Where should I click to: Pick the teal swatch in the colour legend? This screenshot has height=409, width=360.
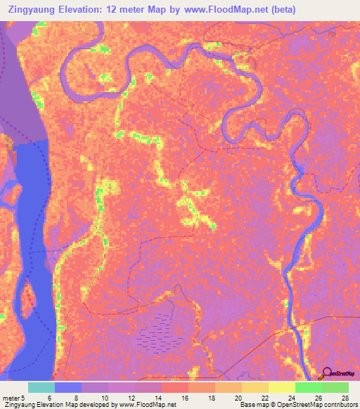tap(41, 387)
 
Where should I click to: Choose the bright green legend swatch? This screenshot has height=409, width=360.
tap(308, 387)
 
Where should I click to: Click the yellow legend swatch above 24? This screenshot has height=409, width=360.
tap(281, 387)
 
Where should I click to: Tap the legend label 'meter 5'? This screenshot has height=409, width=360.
tap(15, 397)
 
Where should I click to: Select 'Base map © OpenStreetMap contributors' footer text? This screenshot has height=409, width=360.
tap(299, 405)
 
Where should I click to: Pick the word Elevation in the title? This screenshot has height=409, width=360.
tap(90, 10)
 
